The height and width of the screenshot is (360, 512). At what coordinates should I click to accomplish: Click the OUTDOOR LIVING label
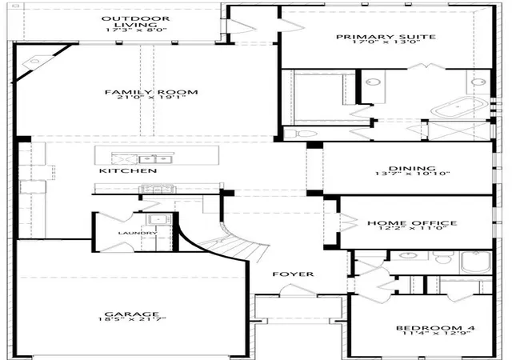point(135,22)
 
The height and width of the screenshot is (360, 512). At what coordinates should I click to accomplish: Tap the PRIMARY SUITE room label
point(386,37)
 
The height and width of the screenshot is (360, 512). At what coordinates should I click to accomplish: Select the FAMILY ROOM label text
point(151,92)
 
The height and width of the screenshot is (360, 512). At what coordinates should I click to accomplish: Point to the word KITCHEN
point(128,170)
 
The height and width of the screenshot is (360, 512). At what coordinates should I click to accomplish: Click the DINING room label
point(412,169)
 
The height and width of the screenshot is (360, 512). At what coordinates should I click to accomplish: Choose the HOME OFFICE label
point(412,222)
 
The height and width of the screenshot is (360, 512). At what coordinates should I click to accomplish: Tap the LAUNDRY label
point(138,233)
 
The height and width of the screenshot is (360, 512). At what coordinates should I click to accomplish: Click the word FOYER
point(293,274)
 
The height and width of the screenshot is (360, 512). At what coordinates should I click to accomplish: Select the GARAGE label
point(132,314)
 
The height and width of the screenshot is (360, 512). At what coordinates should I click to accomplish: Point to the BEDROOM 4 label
point(435,328)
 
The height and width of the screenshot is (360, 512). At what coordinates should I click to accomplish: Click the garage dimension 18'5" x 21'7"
point(132,319)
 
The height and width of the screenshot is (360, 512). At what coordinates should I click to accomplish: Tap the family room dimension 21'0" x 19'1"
point(151,97)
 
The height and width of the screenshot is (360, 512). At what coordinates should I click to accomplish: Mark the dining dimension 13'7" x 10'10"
point(413,174)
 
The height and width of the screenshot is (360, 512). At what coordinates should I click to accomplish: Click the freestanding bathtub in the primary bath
point(459,107)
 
